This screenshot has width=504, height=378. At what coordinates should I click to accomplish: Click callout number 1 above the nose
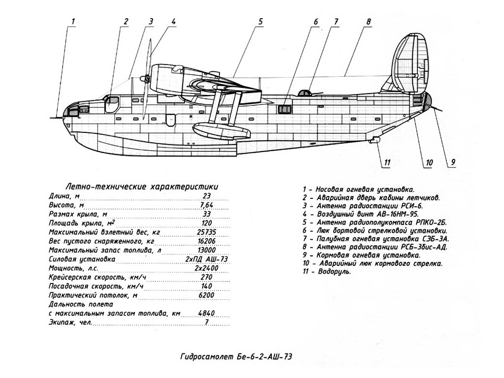(73, 22)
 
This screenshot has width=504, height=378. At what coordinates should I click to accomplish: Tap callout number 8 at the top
(368, 22)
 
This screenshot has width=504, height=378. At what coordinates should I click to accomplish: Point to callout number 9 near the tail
(453, 162)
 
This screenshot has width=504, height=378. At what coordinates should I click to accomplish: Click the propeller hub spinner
(146, 78)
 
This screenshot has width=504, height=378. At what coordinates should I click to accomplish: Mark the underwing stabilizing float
(221, 130)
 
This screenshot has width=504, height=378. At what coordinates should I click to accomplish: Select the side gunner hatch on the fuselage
(284, 109)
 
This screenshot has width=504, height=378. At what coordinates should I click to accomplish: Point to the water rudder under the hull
(374, 140)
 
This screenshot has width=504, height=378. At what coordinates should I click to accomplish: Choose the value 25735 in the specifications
(206, 232)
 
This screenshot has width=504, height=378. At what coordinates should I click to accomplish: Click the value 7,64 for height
(206, 205)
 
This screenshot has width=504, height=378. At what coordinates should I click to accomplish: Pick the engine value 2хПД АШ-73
(206, 259)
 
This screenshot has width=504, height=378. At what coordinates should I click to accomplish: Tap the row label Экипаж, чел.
(70, 322)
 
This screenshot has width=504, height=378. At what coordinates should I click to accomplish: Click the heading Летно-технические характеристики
(142, 187)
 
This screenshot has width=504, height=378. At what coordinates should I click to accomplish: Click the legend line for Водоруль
(327, 272)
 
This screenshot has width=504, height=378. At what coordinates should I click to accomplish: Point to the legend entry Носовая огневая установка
(358, 189)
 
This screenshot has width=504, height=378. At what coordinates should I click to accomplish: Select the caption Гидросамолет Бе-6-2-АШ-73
(236, 357)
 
